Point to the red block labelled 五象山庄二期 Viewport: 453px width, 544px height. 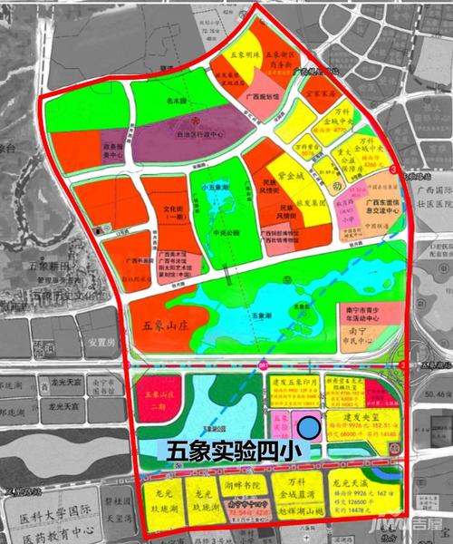[159, 400]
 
